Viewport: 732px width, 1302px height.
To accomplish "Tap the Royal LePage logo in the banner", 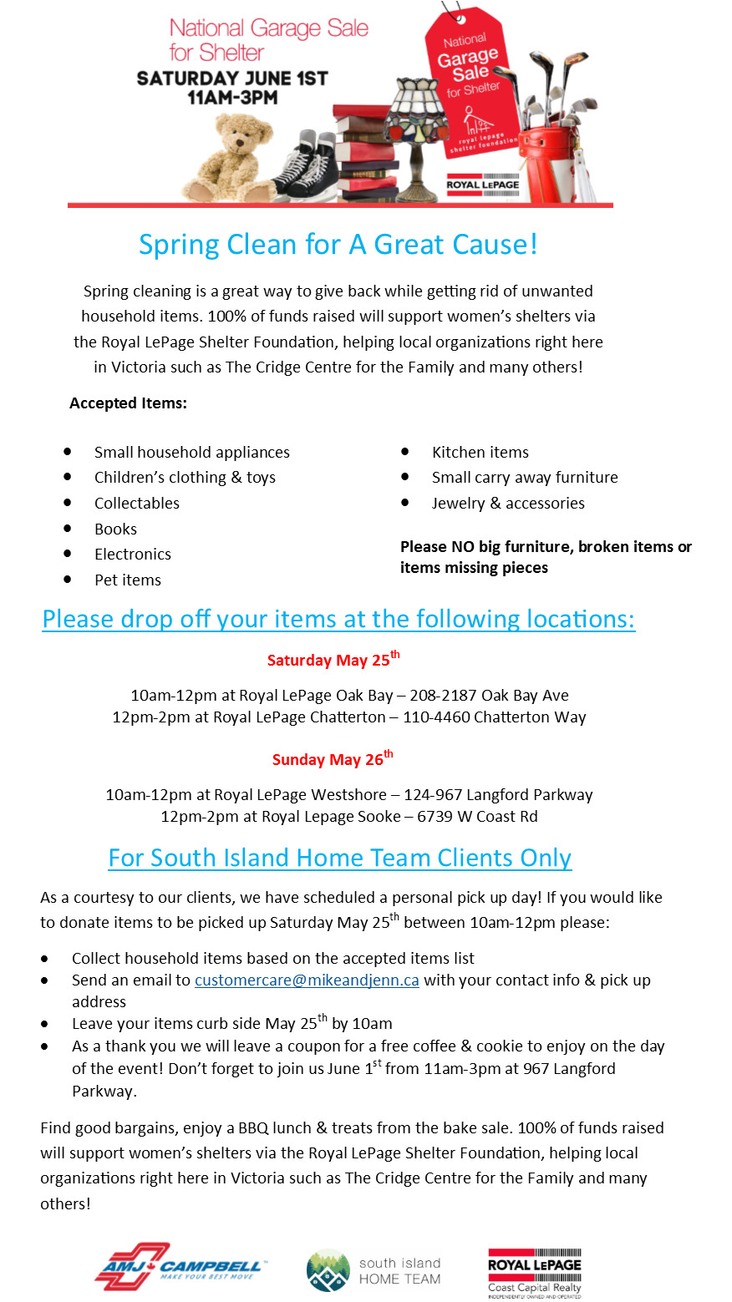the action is click(483, 185).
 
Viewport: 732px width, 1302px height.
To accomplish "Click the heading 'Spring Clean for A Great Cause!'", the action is click(338, 245).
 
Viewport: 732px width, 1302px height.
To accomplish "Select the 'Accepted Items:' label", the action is click(129, 403).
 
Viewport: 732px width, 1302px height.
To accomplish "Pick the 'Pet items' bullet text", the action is click(128, 580).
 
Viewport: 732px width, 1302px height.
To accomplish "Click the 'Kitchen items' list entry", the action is click(480, 452).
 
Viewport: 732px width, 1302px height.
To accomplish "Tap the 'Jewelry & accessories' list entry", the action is click(508, 504).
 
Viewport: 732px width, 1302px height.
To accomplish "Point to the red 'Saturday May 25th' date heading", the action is click(333, 659).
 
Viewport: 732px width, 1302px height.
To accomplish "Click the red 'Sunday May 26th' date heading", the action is click(333, 758).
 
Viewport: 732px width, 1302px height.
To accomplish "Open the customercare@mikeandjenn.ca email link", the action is click(307, 980).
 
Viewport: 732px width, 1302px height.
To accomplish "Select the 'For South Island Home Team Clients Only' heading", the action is click(340, 859).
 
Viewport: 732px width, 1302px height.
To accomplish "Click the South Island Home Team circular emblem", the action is click(328, 1270).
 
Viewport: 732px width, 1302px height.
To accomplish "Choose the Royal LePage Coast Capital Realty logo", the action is click(534, 1273).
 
